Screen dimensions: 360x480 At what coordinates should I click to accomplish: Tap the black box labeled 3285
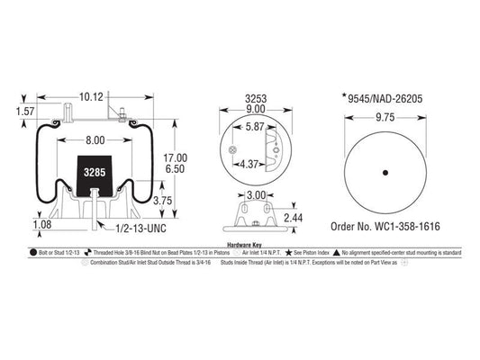[94, 171]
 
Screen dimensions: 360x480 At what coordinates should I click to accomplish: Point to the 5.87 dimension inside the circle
[255, 128]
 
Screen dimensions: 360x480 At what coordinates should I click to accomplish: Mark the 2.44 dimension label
[293, 217]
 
